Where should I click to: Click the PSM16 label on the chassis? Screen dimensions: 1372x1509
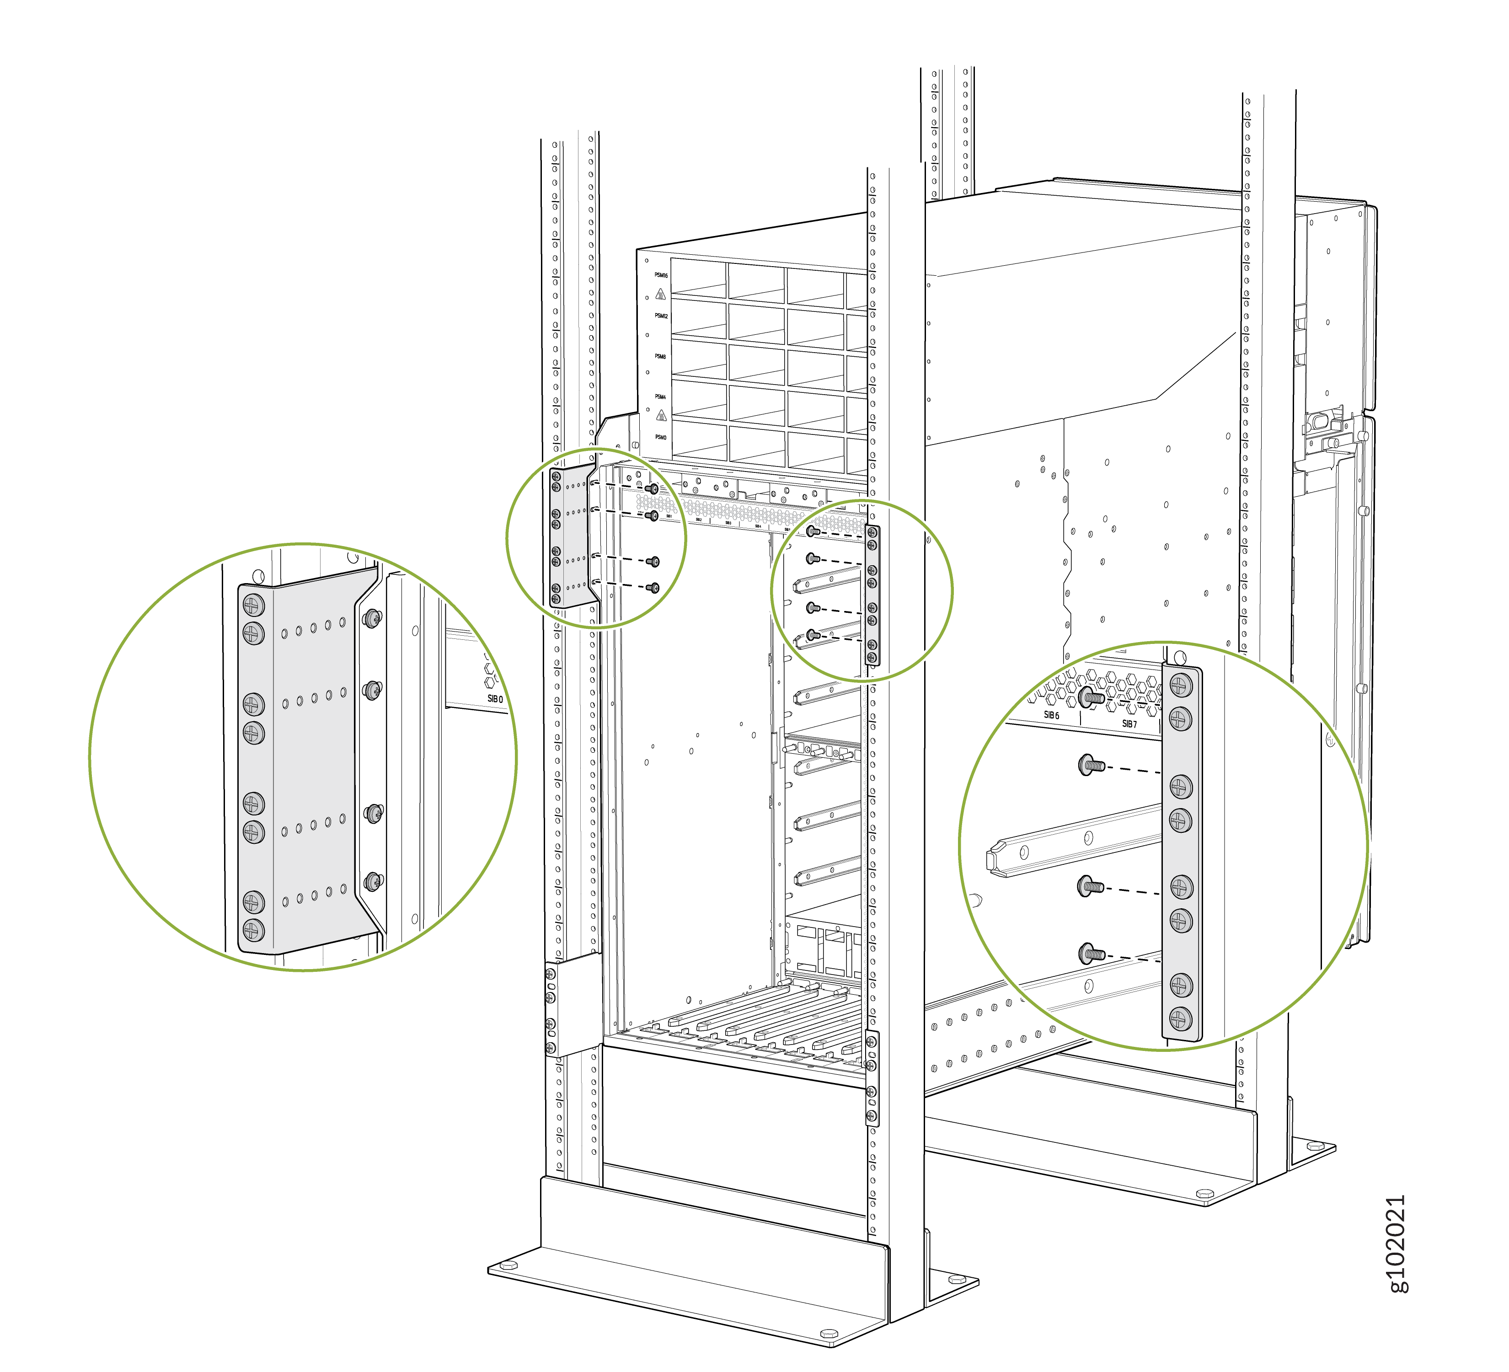click(660, 275)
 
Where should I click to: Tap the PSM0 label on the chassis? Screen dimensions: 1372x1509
click(660, 437)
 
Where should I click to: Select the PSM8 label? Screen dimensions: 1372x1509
click(660, 356)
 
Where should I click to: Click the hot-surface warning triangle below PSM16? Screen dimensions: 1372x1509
click(660, 294)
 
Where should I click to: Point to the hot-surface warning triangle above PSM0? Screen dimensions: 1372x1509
click(661, 415)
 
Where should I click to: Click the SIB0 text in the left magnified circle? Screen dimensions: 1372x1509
click(495, 698)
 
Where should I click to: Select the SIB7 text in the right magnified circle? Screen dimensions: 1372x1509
click(1129, 724)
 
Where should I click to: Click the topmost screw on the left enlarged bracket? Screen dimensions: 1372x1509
click(254, 605)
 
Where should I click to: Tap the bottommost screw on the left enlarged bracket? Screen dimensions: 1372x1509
click(254, 930)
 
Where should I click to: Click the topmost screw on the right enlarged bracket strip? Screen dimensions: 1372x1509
click(1180, 684)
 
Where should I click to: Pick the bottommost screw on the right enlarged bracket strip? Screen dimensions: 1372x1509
click(1180, 1018)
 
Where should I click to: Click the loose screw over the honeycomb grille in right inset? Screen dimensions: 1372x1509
click(1092, 697)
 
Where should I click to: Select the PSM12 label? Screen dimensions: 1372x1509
click(660, 316)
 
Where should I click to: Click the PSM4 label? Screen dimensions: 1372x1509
click(660, 397)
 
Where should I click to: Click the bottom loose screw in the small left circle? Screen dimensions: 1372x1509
click(654, 588)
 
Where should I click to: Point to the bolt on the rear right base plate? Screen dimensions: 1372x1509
click(1204, 1193)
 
